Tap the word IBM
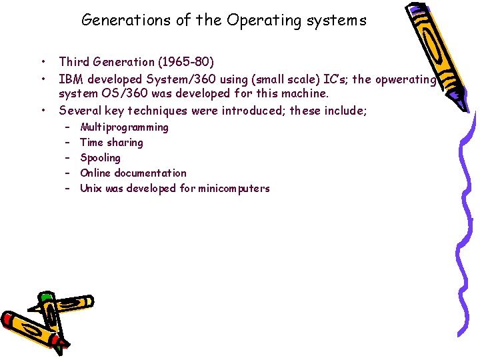point(71,79)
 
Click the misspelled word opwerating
point(405,79)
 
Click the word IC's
point(331,79)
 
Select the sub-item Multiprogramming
point(124,127)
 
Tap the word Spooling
point(100,158)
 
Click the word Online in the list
point(96,173)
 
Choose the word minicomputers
point(233,189)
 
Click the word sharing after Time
point(125,143)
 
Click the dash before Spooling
point(68,158)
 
